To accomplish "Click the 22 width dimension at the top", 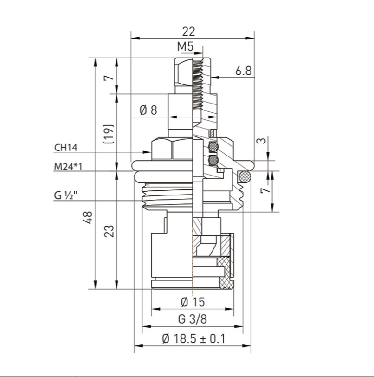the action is click(189, 32).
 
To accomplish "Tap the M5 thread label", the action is click(185, 46).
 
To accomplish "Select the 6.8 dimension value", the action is click(243, 71).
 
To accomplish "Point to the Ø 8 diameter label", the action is click(148, 110).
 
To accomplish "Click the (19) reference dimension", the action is click(108, 134).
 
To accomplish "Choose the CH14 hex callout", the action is click(66, 147).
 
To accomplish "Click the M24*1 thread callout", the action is click(68, 166).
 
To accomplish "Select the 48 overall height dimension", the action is click(89, 217).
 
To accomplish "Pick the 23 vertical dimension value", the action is click(109, 231).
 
